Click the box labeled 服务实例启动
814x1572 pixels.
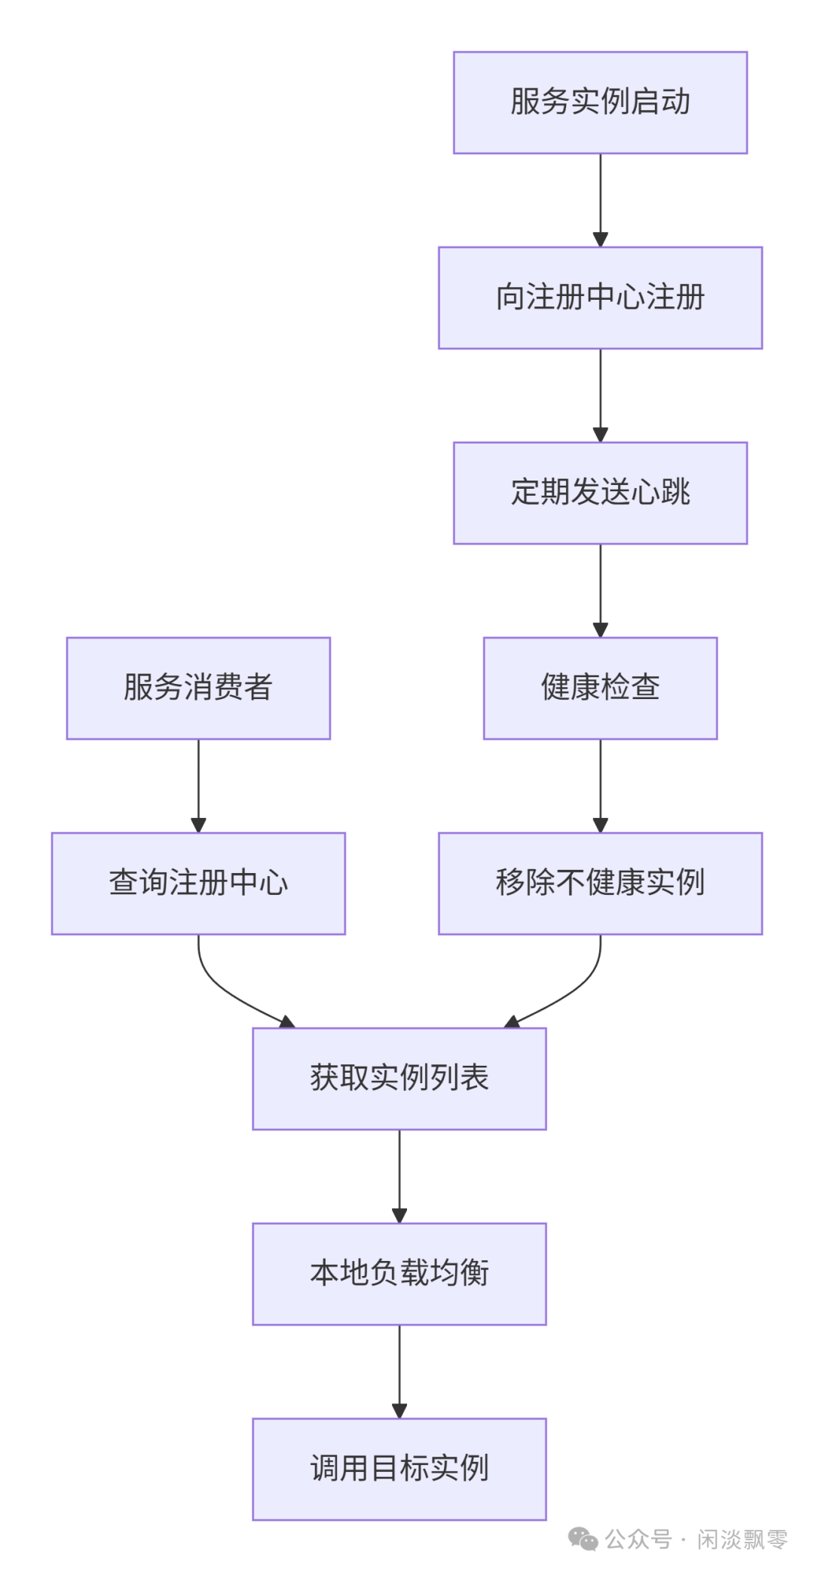click(600, 102)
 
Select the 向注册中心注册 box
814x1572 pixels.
click(600, 298)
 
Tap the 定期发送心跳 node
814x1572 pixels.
click(600, 493)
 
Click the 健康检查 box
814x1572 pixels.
click(600, 688)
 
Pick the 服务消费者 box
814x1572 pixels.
click(198, 688)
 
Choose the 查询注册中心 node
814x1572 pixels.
click(198, 883)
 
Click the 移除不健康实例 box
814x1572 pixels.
click(600, 883)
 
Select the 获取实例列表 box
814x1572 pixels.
click(399, 1078)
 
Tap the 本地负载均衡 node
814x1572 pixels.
click(399, 1273)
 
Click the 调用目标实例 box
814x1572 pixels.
click(399, 1468)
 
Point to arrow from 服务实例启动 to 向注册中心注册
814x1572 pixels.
click(600, 200)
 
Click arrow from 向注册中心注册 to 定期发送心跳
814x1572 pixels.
click(600, 395)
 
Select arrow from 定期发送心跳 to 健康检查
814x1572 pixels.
click(600, 590)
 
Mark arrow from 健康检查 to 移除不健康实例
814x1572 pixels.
click(600, 785)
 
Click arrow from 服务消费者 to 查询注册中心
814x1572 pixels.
click(198, 785)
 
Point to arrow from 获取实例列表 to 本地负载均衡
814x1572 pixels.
click(399, 1175)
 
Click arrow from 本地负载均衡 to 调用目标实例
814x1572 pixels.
click(399, 1370)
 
